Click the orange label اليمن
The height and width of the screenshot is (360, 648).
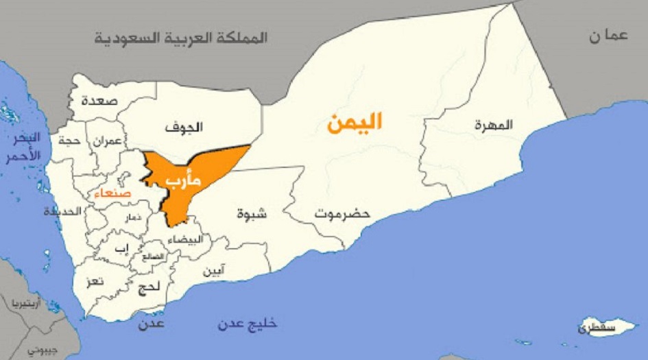coord(354,123)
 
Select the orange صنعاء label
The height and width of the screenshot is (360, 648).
coord(113,195)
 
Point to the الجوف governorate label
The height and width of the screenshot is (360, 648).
coord(184,127)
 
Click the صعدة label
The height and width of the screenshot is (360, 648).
coord(99,101)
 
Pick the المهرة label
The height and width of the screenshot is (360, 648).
coord(493,125)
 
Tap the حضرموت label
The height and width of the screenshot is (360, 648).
coord(342,214)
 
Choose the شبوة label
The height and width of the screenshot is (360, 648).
coord(252,213)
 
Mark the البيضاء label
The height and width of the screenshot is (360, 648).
coord(185,239)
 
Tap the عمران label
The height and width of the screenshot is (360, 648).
coord(108,141)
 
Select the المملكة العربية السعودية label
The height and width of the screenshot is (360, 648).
coord(180,38)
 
